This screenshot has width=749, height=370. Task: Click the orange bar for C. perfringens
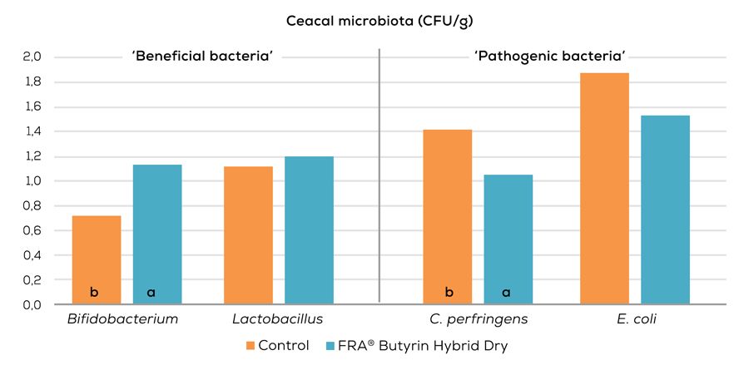pyautogui.click(x=448, y=217)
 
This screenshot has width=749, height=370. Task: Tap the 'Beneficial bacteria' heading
pyautogui.click(x=203, y=57)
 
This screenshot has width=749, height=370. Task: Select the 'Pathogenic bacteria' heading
pyautogui.click(x=549, y=57)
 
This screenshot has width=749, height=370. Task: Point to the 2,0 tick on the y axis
pyautogui.click(x=32, y=57)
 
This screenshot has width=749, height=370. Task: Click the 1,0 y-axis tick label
pyautogui.click(x=32, y=181)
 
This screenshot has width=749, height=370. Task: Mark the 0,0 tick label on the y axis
pyautogui.click(x=32, y=305)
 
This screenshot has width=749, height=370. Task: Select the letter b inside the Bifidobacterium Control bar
pyautogui.click(x=94, y=292)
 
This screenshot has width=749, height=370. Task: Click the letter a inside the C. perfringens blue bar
pyautogui.click(x=505, y=292)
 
